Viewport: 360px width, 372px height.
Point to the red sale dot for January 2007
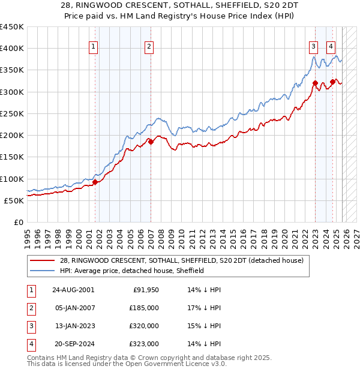click(151, 142)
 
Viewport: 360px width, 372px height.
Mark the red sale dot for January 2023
click(315, 83)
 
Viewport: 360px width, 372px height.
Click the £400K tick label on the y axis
click(12, 49)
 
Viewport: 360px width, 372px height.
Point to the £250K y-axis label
click(12, 113)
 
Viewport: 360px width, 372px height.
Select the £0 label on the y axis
click(19, 222)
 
